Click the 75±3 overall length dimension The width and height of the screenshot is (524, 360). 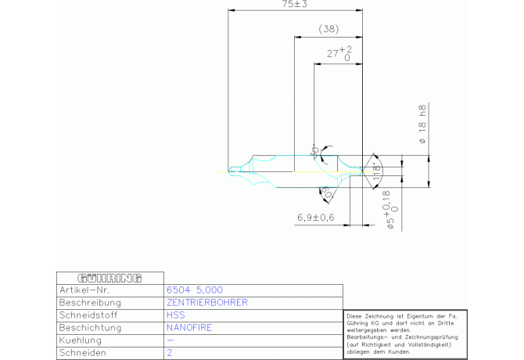(x=294, y=5)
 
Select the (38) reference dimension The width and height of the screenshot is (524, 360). (x=328, y=29)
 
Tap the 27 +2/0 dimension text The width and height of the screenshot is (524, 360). (x=339, y=54)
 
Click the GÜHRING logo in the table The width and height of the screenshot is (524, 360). (x=109, y=278)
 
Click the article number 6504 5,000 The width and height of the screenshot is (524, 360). (x=189, y=290)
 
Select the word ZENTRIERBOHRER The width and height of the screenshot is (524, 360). (x=207, y=302)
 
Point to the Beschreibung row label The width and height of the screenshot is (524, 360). (x=90, y=302)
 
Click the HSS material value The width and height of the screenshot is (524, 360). (x=176, y=315)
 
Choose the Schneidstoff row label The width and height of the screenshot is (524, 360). (x=88, y=315)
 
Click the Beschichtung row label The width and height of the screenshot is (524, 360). (x=90, y=328)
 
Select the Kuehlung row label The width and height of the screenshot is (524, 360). (x=82, y=341)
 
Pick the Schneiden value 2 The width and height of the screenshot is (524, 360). (x=170, y=354)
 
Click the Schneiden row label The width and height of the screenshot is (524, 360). (x=83, y=354)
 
